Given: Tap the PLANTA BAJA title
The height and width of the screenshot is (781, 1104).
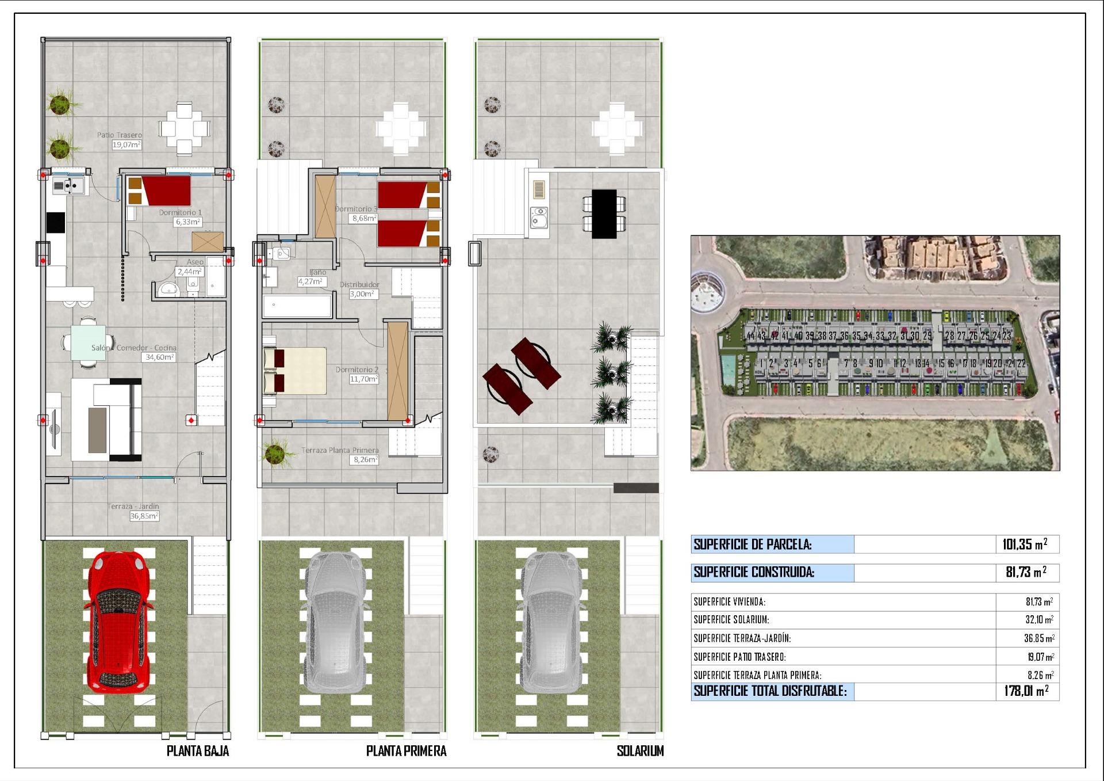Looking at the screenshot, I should coord(198,751).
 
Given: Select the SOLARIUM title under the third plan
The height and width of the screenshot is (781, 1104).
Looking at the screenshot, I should coord(640,751).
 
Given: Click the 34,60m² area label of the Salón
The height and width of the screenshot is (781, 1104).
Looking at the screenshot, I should coord(159,357).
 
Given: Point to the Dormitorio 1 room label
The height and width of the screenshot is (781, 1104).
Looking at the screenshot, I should coord(181,212).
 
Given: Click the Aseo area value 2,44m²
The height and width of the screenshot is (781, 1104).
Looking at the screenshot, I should coord(189,272).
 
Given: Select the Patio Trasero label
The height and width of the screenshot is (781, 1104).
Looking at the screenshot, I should coord(119,135).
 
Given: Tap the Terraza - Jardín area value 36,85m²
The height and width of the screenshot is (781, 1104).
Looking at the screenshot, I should coord(144,516).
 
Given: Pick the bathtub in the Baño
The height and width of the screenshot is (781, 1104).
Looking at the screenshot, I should coord(297,306).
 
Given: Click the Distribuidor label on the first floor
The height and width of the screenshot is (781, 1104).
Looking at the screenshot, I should coord(359,284).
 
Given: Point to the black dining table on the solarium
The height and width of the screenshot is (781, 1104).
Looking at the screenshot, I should coord(604,214).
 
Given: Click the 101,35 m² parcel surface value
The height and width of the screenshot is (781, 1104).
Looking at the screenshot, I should coord(1025,544).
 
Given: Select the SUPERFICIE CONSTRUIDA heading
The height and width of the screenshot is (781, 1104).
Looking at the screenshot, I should coord(754,572).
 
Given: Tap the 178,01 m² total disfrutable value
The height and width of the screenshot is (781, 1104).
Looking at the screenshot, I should coord(1026,691).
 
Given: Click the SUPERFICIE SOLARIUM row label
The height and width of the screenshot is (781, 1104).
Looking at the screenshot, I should coord(731,620).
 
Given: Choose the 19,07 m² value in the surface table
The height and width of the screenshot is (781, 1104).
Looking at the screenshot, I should coord(1040,657).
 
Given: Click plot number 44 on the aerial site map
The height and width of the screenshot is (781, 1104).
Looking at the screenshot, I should coord(750,336).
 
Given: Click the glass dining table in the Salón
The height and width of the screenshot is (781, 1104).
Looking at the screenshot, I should coord(89,342).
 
